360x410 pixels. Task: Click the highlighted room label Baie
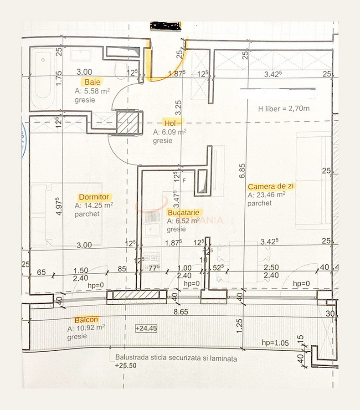(x=92, y=82)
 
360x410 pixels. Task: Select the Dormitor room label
(x=93, y=197)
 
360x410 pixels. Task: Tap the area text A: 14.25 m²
(x=93, y=205)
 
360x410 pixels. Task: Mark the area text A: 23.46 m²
(x=267, y=195)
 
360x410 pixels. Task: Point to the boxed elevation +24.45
(x=146, y=328)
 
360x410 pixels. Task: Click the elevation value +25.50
(x=125, y=366)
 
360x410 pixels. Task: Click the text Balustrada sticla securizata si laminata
(x=176, y=359)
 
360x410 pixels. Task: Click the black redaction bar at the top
(x=165, y=26)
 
